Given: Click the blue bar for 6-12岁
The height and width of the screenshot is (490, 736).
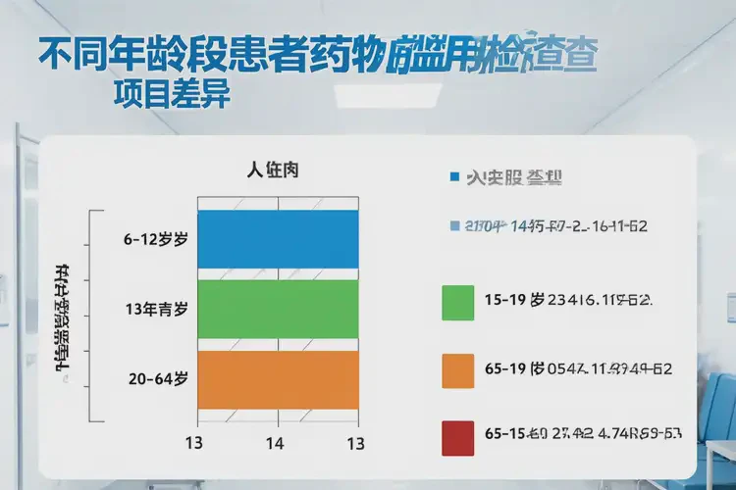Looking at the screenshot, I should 278,239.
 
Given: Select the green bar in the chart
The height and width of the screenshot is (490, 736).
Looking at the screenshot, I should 278,310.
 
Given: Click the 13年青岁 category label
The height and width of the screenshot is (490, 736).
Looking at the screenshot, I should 156,310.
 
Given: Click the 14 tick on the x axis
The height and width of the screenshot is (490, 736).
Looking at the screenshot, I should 276,443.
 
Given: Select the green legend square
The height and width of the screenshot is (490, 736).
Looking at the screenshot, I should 458,303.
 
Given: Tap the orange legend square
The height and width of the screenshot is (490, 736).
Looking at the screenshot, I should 458,371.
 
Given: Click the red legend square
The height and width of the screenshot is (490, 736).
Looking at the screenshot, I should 458,439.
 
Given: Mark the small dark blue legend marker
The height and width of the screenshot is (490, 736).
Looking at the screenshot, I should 453,177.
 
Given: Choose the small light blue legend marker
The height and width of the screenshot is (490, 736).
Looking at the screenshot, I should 453,226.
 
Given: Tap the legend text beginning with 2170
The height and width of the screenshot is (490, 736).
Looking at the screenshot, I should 556,226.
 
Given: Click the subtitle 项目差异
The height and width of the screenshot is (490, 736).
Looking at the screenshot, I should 172,95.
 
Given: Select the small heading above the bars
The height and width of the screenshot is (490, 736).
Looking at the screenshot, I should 273,171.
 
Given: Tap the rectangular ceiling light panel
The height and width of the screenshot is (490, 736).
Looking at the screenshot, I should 387,95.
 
